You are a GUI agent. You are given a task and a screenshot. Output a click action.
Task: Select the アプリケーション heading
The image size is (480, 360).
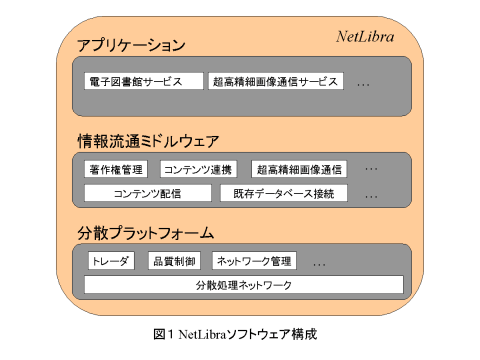pos(132,46)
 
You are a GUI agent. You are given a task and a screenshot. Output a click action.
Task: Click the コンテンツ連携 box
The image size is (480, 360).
pos(197,169)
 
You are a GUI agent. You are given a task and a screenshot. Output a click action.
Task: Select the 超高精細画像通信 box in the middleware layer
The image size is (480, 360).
pos(298,169)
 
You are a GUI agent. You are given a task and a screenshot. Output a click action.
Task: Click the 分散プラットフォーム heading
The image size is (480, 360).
pos(146,233)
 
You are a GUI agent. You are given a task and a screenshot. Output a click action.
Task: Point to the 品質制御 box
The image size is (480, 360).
pos(173,261)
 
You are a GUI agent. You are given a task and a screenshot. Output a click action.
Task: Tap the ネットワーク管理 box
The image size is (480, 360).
pos(253,261)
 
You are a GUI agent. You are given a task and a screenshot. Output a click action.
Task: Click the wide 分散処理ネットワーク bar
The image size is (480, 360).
pos(244,286)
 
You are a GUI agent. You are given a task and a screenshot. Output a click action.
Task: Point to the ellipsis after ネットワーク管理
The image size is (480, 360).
pos(320,264)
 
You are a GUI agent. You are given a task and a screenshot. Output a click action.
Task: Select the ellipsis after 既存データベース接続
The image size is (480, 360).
pos(371,196)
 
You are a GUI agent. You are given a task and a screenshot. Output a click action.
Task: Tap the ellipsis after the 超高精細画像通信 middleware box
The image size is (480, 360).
pos(371,171)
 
